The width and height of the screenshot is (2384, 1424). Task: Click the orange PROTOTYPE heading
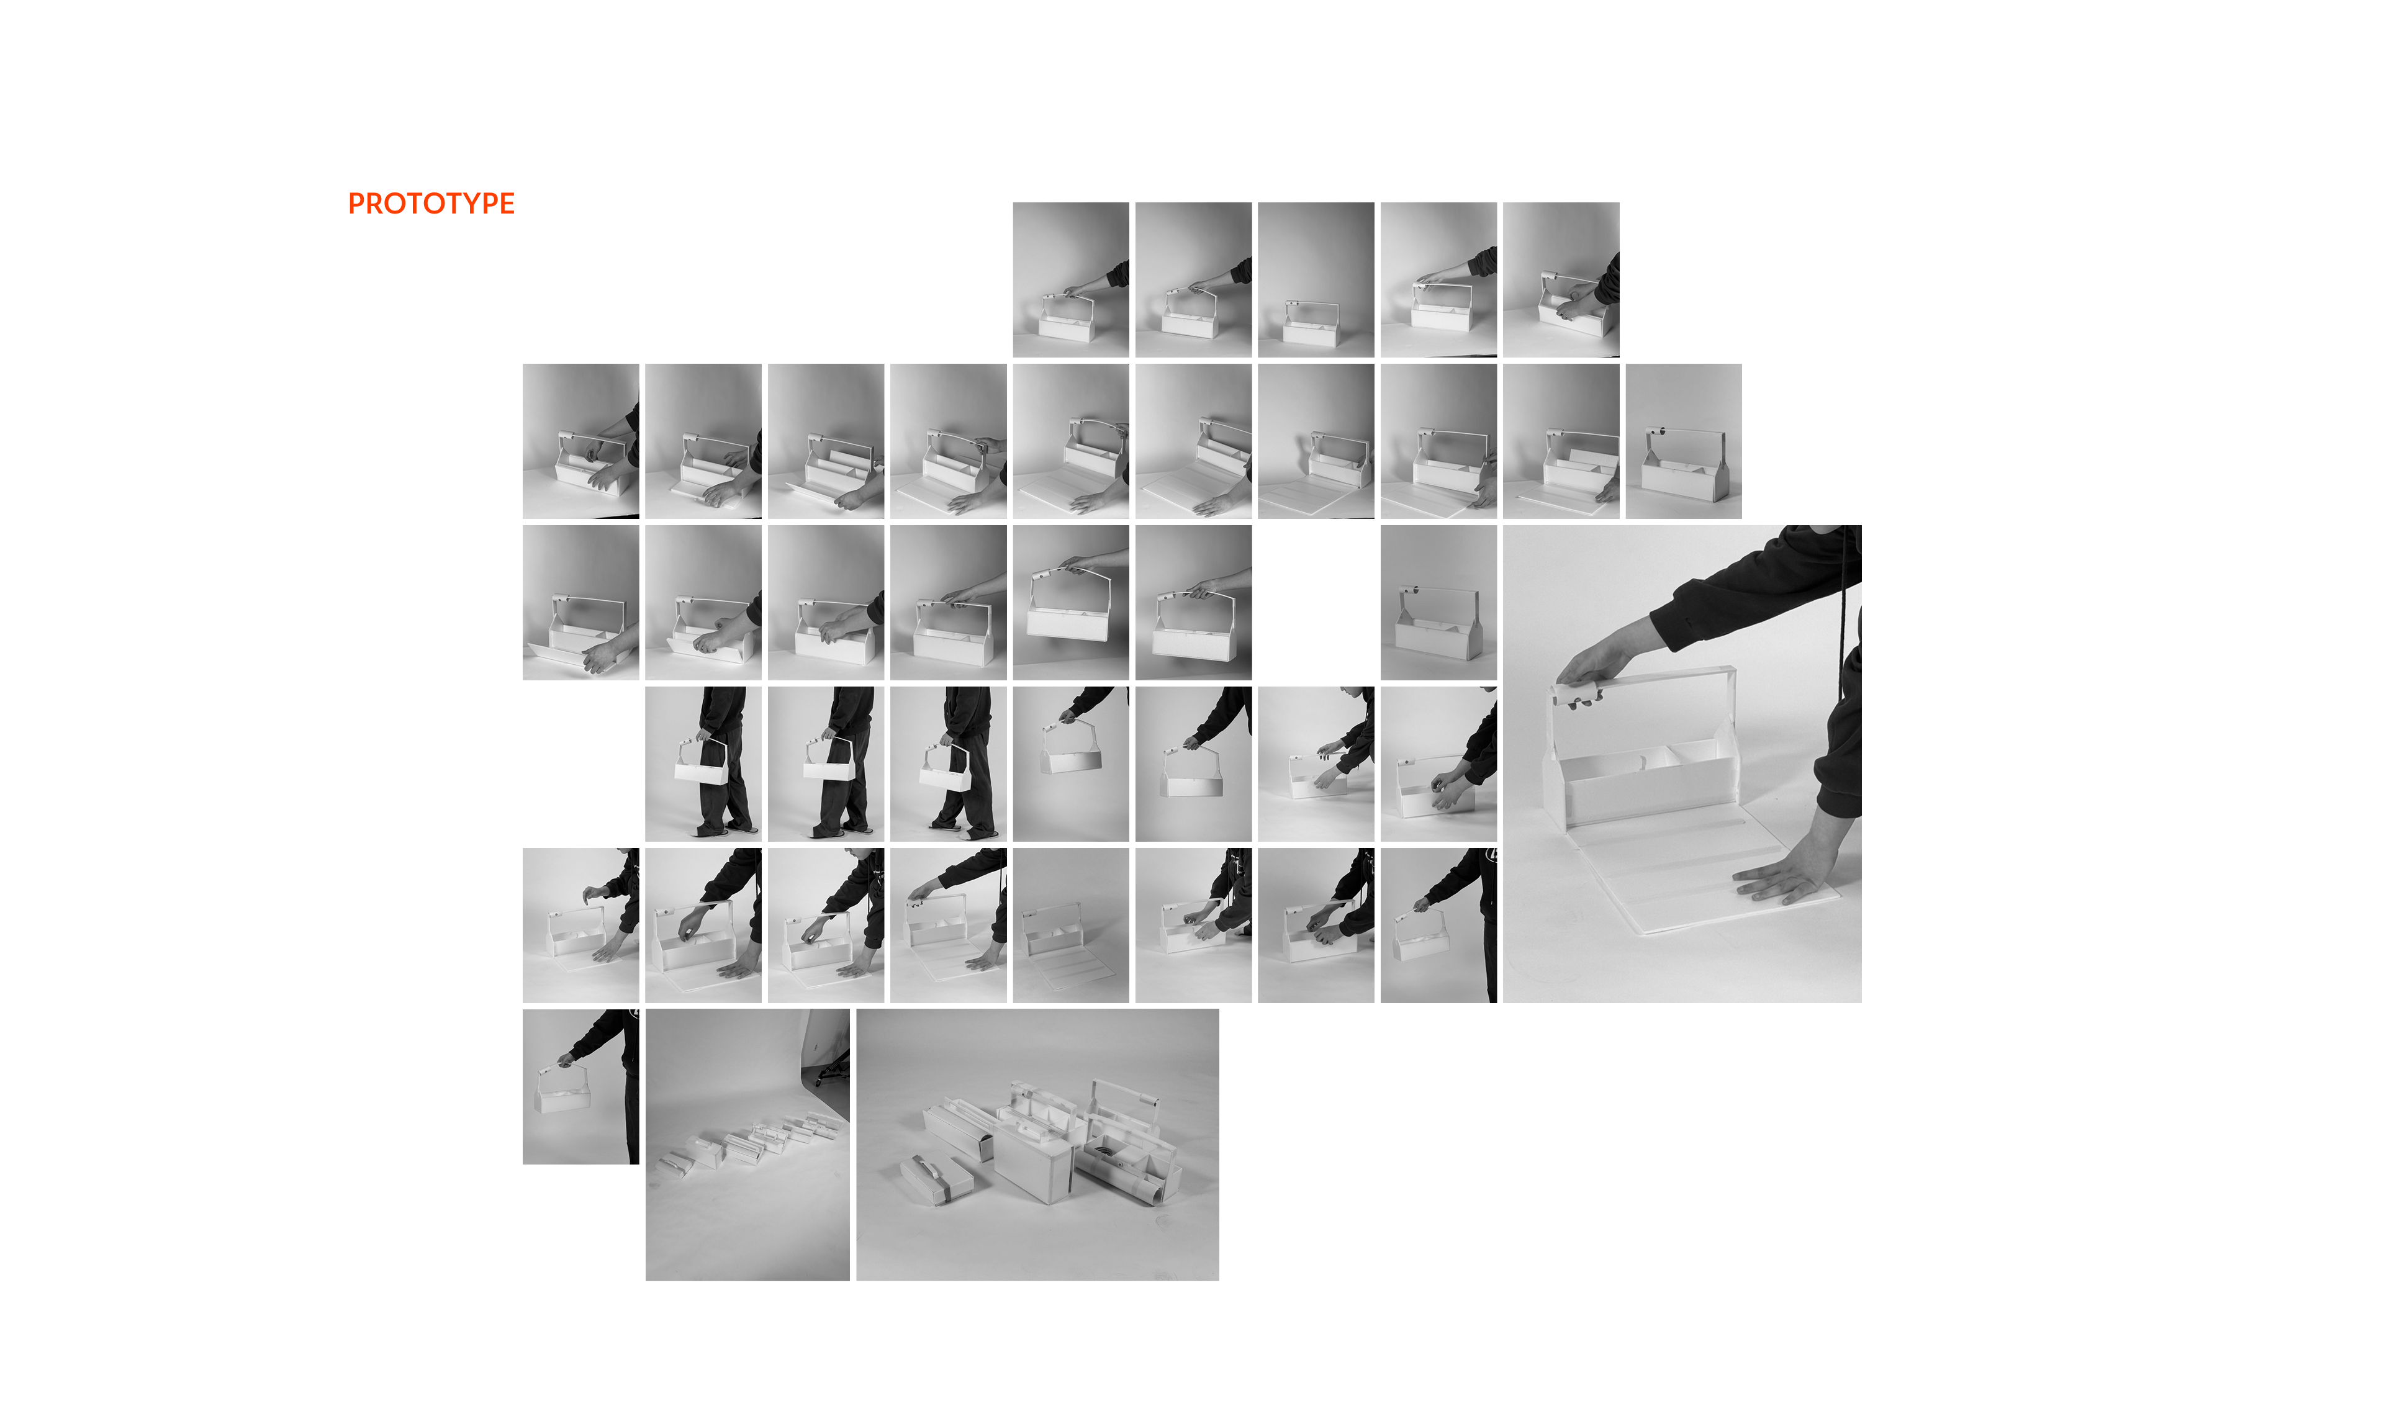click(x=431, y=204)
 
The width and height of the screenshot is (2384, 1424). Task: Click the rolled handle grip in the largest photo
click(x=1579, y=691)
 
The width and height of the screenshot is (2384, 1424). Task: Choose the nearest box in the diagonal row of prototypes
click(x=675, y=1164)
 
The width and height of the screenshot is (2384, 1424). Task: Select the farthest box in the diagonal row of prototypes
click(x=825, y=1119)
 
